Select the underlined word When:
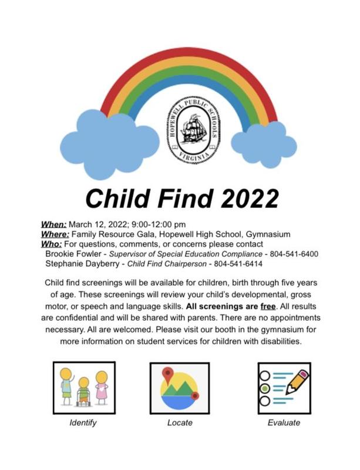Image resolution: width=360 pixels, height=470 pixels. tap(53, 224)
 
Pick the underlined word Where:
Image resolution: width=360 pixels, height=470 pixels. tap(56, 234)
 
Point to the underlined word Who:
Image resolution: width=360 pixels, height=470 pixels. tap(52, 244)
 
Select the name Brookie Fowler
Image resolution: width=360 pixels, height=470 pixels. tap(73, 254)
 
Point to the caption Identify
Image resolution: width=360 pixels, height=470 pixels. tap(83, 422)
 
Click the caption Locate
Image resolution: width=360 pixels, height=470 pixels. tap(180, 422)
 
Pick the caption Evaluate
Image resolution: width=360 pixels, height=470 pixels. tap(283, 422)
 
